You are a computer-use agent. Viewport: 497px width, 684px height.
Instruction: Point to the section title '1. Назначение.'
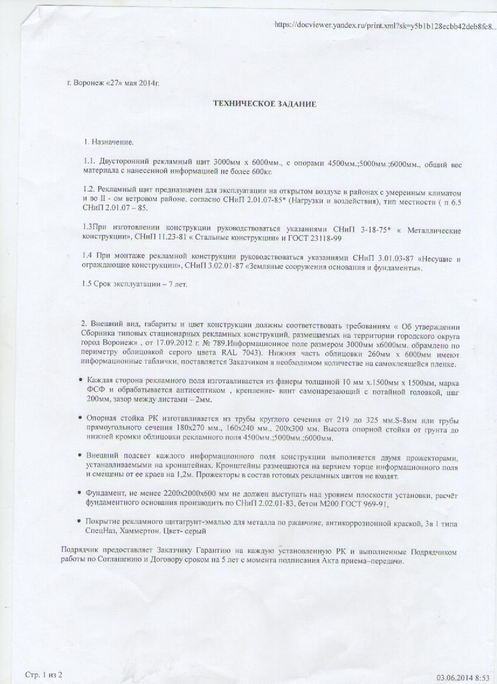click(x=109, y=141)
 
